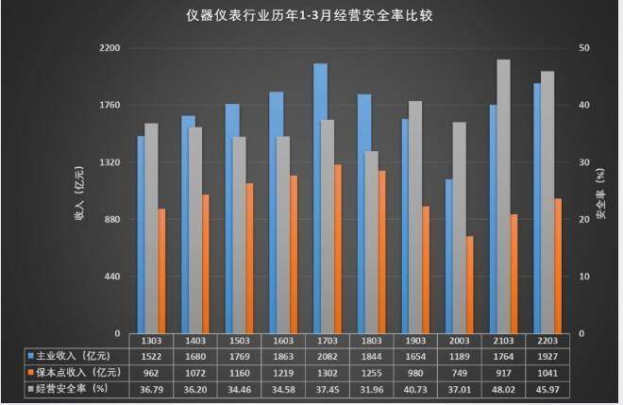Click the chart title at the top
point(311,16)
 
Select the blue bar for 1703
point(320,198)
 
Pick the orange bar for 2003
point(469,284)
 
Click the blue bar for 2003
point(449,256)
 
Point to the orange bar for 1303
point(161,271)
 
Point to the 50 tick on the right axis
point(584,47)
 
